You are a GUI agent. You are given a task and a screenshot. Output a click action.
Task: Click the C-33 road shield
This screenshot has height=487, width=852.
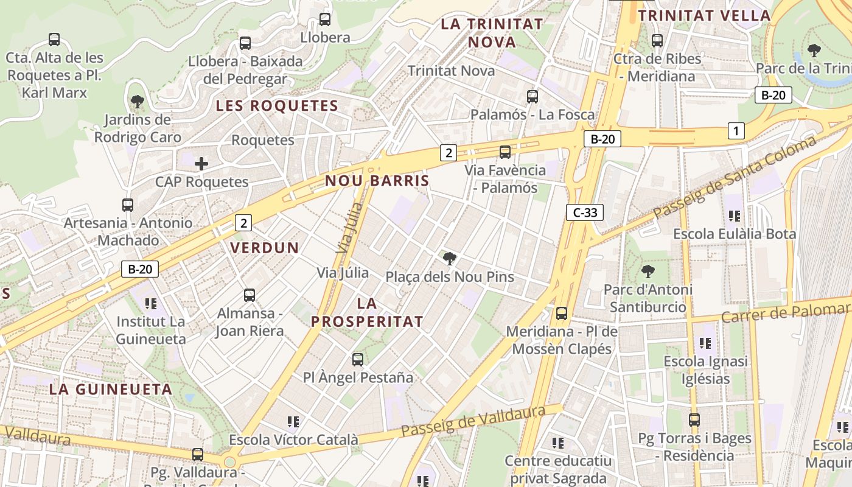[x=585, y=212]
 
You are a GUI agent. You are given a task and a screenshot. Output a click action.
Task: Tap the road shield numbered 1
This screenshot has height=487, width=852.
[x=736, y=130]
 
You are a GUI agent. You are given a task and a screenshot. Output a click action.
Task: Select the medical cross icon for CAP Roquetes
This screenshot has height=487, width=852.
[x=201, y=163]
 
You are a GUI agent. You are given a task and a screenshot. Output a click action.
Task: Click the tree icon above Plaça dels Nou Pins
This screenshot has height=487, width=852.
[x=450, y=259]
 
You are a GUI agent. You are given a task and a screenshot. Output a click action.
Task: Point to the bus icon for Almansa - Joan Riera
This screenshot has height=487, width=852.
[x=250, y=295]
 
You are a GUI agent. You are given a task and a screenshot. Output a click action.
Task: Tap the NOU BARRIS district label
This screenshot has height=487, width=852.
[x=377, y=181]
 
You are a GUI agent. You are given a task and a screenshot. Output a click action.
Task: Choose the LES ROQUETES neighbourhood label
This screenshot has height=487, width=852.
[x=277, y=105]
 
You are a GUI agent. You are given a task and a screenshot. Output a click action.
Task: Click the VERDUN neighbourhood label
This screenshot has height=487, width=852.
[x=265, y=248]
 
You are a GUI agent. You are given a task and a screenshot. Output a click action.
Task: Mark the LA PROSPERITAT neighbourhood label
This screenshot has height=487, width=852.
[x=367, y=312]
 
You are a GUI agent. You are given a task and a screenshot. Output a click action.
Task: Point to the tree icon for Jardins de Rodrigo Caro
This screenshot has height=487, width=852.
[x=138, y=101]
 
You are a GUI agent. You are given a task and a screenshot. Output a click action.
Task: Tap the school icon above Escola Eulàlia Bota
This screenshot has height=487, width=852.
[x=735, y=215]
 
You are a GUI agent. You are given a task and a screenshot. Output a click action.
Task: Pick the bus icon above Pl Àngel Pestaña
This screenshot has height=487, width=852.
[x=358, y=359]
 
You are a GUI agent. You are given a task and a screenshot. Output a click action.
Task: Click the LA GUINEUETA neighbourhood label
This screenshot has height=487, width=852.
[x=111, y=389]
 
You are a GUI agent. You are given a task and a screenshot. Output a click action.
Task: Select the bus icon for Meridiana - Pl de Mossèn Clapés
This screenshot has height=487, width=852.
[x=562, y=314]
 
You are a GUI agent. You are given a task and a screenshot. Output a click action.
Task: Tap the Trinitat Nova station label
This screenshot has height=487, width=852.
[x=451, y=71]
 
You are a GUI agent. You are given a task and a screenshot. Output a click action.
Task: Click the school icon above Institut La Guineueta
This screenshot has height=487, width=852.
[x=151, y=303]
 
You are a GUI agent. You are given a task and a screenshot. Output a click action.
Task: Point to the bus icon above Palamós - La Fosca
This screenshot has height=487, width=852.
[x=532, y=96]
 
